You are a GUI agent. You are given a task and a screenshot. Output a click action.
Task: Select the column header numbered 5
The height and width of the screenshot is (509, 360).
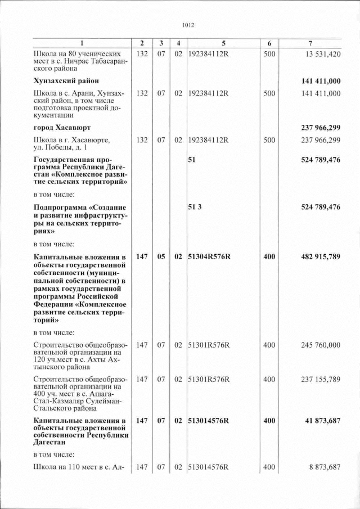(x=223, y=44)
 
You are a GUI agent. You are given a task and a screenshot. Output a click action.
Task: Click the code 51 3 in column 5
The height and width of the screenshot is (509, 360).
(x=195, y=208)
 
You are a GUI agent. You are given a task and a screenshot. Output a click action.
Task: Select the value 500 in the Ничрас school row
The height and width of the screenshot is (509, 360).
(x=269, y=54)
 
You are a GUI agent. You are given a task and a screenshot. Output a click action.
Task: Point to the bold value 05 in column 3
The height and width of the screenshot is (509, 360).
(x=161, y=256)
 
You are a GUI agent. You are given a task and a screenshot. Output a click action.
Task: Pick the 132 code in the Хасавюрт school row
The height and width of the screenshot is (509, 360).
(x=142, y=139)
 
